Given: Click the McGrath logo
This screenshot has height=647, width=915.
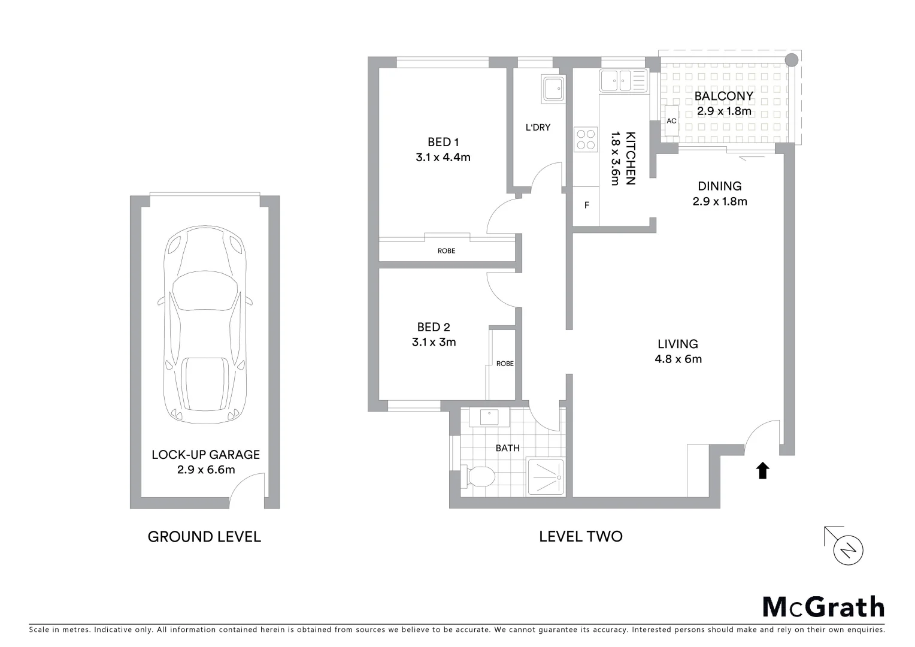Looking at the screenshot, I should (x=823, y=607).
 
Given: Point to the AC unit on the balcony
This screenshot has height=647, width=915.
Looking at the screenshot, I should (x=671, y=121).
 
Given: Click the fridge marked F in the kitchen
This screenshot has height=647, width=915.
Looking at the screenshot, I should (x=587, y=205).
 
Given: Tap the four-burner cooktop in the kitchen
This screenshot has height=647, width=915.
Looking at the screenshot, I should (x=586, y=139).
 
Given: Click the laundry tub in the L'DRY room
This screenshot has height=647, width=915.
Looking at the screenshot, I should (x=552, y=88).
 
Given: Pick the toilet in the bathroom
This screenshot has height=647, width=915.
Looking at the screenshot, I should (x=478, y=477).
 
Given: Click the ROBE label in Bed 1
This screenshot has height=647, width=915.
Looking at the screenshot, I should (x=446, y=251).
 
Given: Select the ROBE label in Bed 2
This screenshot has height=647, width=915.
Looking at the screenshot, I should (x=505, y=364).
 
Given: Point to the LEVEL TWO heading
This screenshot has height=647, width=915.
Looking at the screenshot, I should (x=580, y=536).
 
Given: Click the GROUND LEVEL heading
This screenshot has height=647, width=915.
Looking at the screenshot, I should (x=204, y=537).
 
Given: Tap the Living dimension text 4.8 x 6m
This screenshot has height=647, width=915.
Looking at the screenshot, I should (x=678, y=359).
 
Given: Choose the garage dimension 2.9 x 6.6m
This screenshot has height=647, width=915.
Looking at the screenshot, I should (x=205, y=470).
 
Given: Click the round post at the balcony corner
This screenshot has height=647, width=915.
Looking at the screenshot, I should (x=791, y=59).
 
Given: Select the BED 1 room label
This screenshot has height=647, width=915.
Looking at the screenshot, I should (x=443, y=142).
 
